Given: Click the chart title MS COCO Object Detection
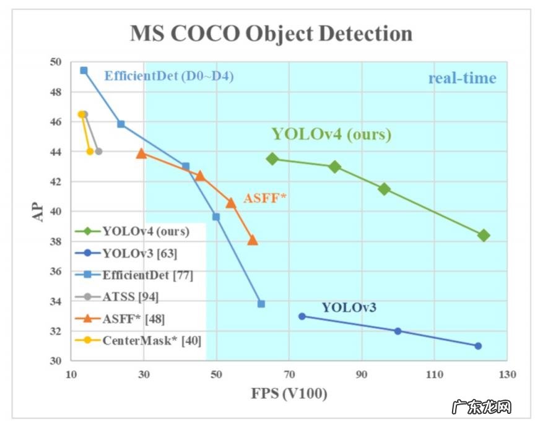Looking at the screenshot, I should (271, 33).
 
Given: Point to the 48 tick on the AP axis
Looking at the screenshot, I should (56, 92).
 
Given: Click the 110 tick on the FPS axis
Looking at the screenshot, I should (434, 375).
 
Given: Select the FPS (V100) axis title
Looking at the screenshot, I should (289, 393).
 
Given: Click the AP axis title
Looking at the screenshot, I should (38, 211).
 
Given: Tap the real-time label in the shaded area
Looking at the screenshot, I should (462, 78).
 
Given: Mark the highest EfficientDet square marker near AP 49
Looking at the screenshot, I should (84, 71).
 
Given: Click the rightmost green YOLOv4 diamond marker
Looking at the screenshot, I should (484, 235).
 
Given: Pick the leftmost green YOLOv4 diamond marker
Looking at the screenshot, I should (272, 159).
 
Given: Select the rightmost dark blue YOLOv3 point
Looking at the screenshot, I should (478, 346).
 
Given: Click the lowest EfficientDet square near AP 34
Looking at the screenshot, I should (261, 304).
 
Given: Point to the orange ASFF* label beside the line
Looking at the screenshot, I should (265, 199).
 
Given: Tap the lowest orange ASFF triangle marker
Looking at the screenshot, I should (252, 240).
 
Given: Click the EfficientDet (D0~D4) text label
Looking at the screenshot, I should (169, 77).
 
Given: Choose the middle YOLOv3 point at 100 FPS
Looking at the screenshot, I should (398, 331).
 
